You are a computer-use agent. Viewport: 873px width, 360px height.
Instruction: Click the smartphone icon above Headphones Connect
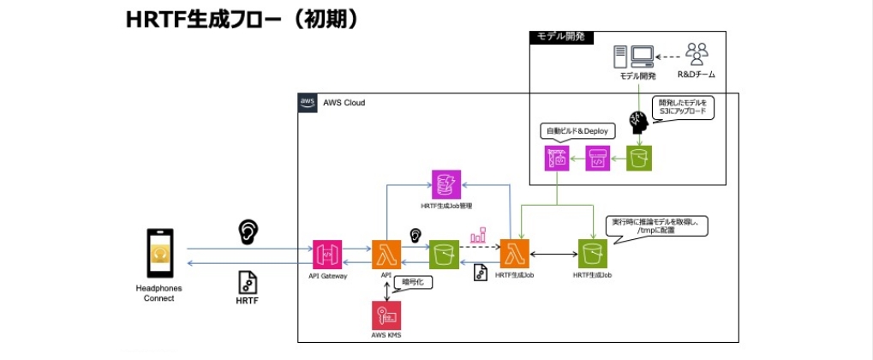coord(159,254)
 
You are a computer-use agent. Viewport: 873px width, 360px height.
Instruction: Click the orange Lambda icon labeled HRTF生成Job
coord(515,255)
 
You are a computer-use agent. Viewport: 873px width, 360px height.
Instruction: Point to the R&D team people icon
coord(696,56)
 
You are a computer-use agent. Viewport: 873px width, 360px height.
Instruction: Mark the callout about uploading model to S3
coord(683,107)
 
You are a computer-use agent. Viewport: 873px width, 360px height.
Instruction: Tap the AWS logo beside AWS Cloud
coord(308,102)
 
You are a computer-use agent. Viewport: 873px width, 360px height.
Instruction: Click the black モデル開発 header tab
coord(562,38)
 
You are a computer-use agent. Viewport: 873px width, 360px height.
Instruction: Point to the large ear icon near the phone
coord(247,230)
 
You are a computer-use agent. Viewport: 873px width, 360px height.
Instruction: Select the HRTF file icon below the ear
coord(247,281)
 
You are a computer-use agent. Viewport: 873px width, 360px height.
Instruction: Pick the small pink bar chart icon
coord(477,233)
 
